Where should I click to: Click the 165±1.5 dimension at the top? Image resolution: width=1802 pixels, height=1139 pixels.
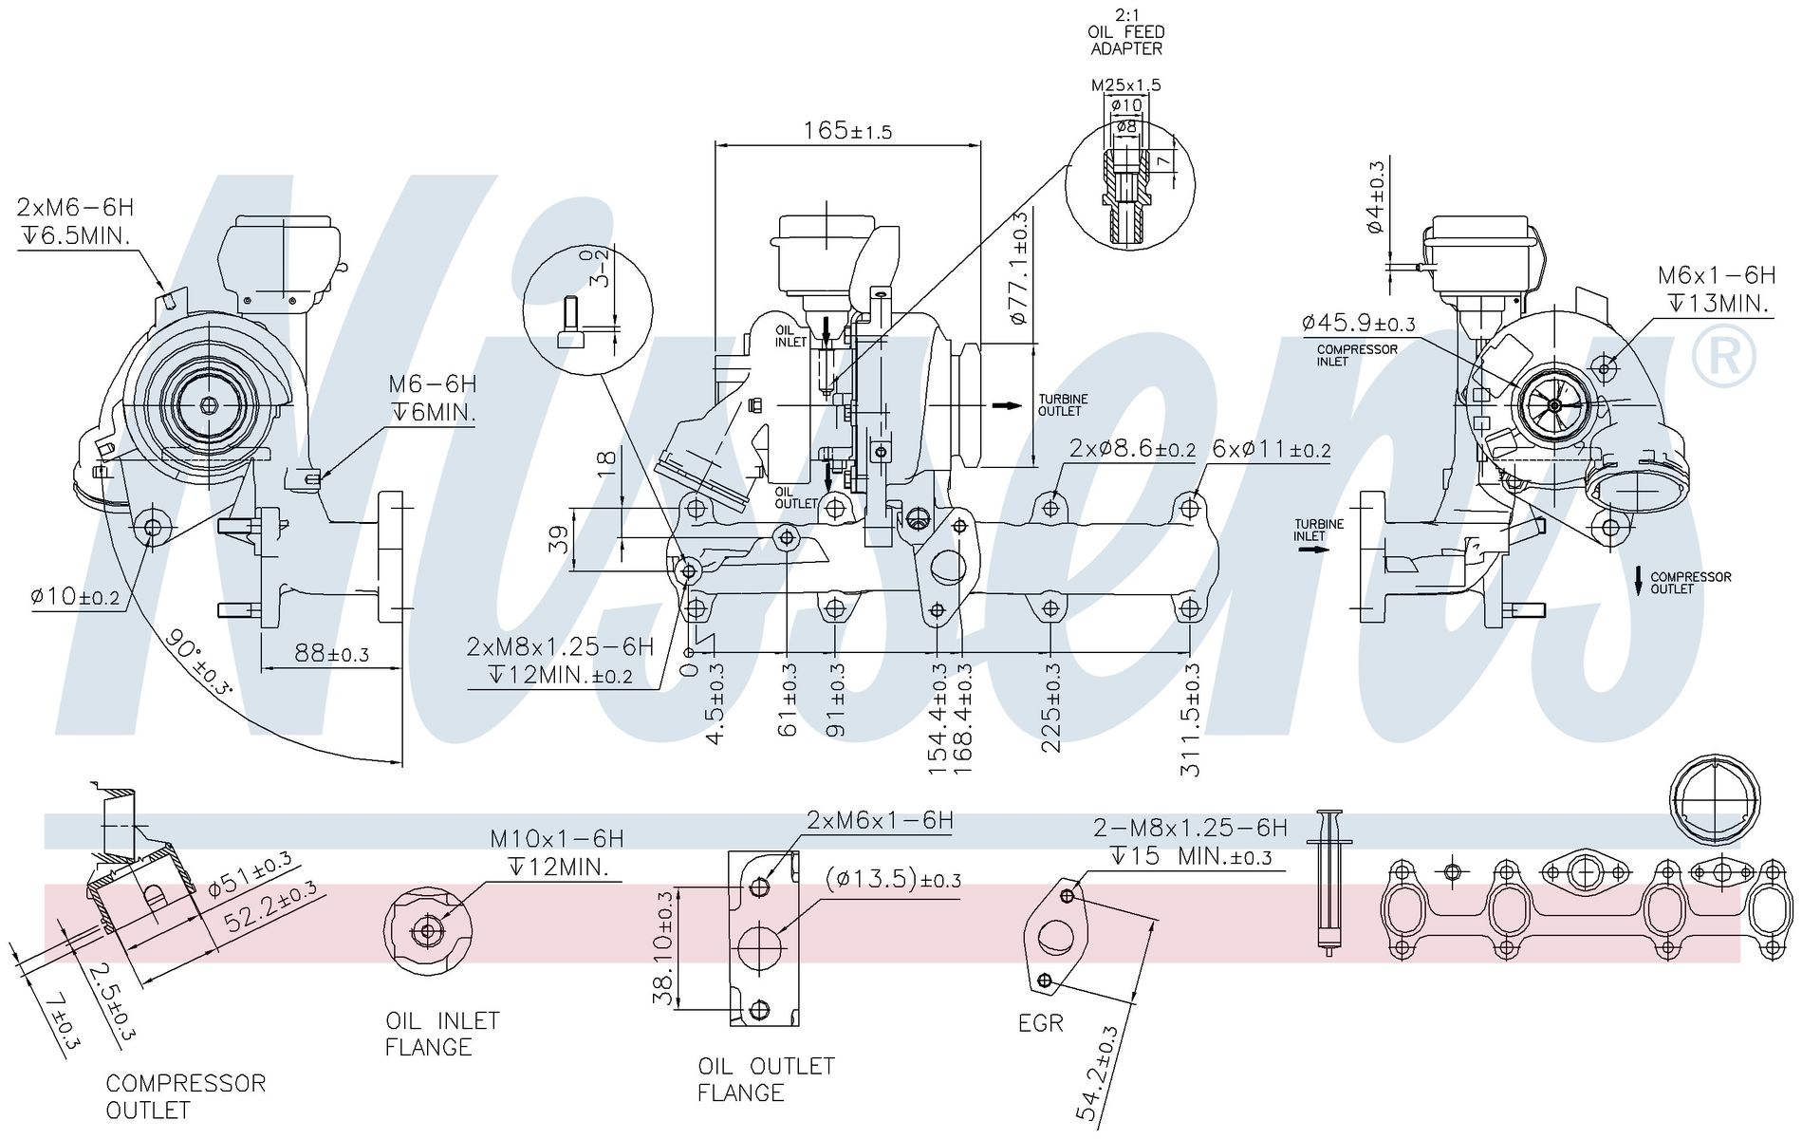tap(847, 130)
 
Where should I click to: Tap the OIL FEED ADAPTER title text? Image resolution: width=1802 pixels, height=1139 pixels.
tap(1125, 40)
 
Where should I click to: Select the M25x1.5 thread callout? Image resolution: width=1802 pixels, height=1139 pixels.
tap(1125, 84)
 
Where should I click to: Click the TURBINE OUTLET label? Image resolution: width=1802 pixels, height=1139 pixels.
tap(1063, 405)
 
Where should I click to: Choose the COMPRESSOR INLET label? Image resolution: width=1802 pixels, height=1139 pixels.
tap(1357, 355)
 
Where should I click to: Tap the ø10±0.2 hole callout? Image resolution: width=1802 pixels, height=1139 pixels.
tap(75, 597)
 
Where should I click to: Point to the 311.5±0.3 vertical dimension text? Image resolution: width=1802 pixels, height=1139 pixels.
tap(1191, 719)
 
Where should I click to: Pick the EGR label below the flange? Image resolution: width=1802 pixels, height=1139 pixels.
tap(1040, 1023)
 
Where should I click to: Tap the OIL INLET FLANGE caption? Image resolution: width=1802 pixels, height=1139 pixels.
tap(442, 1034)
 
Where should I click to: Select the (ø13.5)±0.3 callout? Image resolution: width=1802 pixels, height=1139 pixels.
tap(893, 879)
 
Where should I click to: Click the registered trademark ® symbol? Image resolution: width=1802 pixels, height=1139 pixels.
tap(1724, 356)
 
